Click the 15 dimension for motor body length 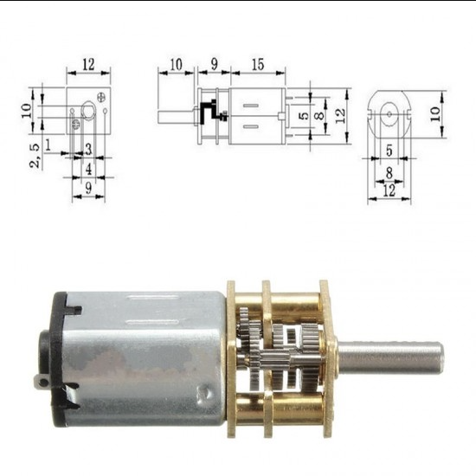tap(257, 65)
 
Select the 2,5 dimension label tap(34, 156)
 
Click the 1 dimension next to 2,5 tap(50, 143)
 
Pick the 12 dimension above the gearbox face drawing tap(87, 65)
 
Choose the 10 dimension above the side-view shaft tap(177, 65)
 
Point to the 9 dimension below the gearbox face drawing tap(88, 186)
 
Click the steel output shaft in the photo tap(389, 355)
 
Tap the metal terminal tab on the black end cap tap(39, 380)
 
